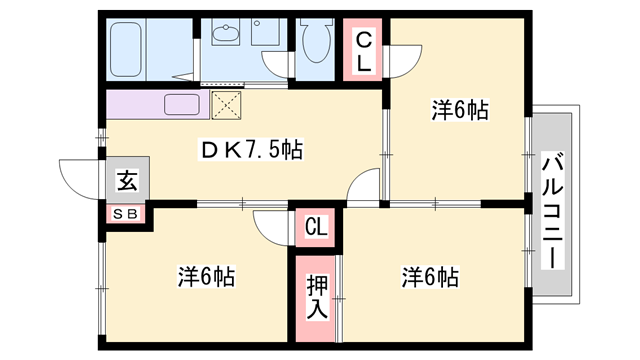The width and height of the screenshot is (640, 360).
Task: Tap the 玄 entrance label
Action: click(x=128, y=181)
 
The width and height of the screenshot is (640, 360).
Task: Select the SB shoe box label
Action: click(x=127, y=213)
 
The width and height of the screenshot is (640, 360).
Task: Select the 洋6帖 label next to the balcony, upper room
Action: click(x=460, y=110)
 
